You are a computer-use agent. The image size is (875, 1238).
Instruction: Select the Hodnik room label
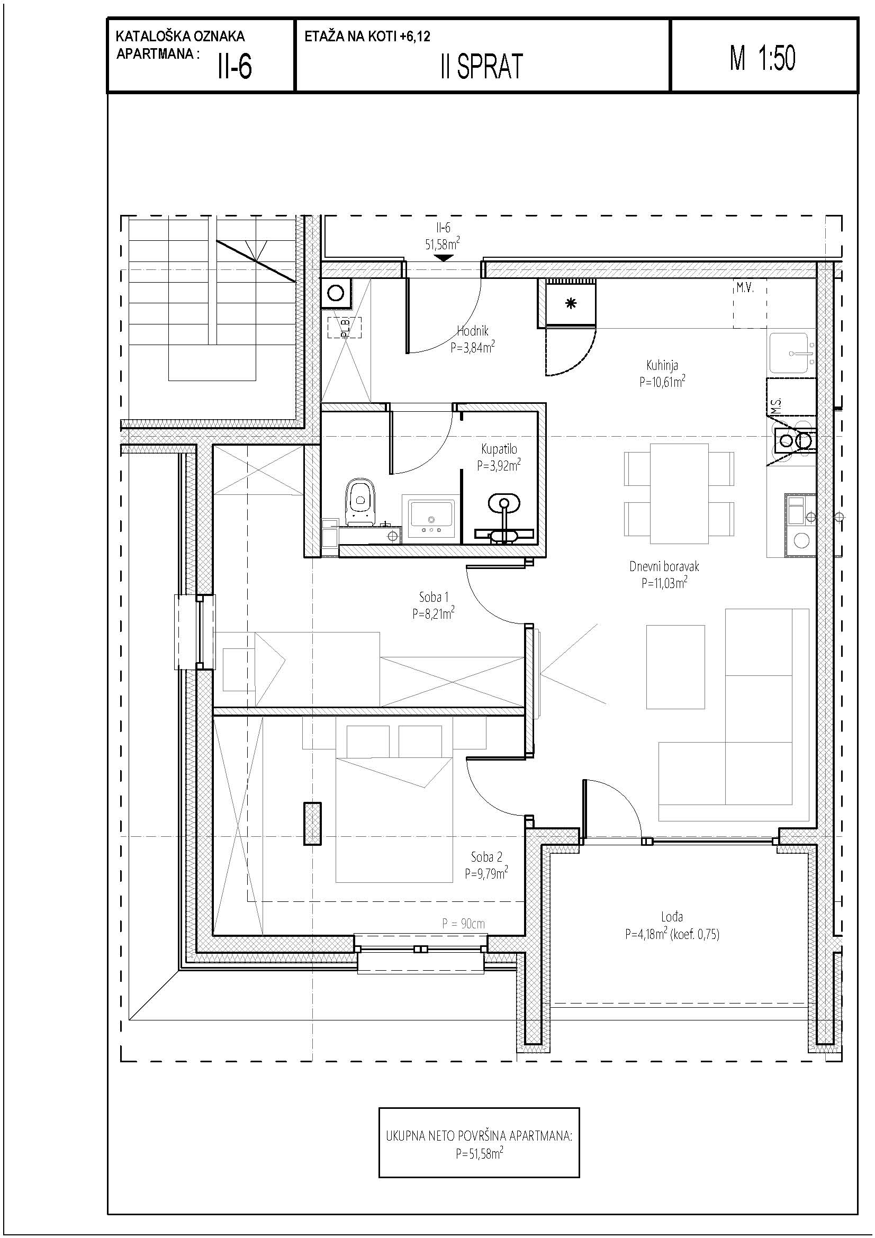pos(473,331)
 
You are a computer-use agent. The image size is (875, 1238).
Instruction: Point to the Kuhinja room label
pos(662,366)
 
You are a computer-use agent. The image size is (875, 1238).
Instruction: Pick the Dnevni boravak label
pos(664,566)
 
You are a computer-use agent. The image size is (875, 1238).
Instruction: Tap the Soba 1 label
pos(434,597)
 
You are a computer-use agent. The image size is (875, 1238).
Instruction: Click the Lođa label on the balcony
pos(672,916)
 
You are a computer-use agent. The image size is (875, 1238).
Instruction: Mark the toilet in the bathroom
pos(360,501)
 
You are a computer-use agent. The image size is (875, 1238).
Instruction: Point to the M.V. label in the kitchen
pos(745,288)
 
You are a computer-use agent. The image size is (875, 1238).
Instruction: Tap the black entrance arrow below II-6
pos(444,258)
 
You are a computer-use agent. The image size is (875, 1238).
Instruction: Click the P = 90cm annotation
pos(463,923)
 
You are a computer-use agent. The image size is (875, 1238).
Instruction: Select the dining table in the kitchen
pos(679,493)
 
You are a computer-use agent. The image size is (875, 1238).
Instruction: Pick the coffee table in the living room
pos(675,666)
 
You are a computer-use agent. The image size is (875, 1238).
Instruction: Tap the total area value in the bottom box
pos(479,1153)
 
